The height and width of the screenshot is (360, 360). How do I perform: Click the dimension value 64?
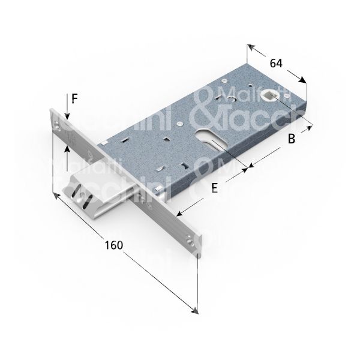(277, 62)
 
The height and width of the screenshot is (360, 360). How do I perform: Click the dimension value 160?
(113, 245)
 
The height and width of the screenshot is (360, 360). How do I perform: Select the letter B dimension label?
(291, 139)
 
